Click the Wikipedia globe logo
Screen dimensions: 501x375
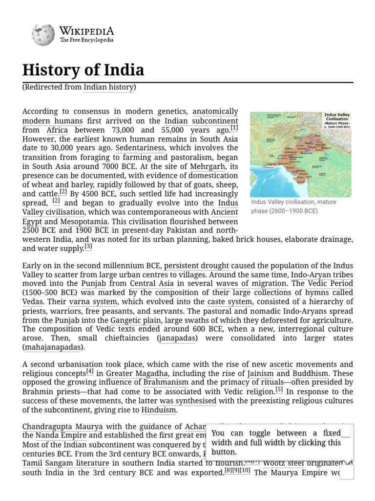[43, 35]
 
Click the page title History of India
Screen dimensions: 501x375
[83, 70]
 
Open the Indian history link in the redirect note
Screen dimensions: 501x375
[109, 87]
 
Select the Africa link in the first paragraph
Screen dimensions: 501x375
[57, 130]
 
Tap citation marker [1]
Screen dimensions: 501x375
[234, 129]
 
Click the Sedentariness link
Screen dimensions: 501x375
[141, 148]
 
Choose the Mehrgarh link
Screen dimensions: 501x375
[207, 166]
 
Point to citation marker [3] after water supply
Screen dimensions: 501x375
[88, 247]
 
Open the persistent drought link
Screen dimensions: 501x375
[196, 266]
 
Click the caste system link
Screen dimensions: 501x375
[229, 302]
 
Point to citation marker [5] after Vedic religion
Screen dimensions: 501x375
[279, 390]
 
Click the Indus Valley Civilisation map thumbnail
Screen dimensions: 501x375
[300, 154]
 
